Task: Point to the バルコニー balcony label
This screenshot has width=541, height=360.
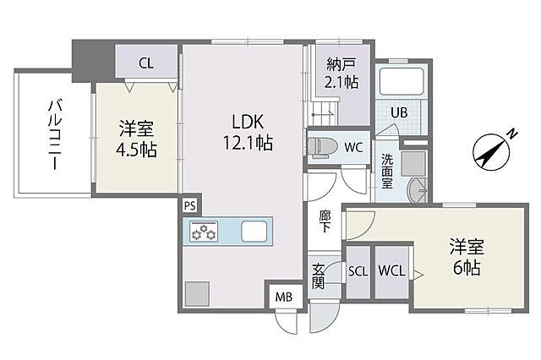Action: coord(54,134)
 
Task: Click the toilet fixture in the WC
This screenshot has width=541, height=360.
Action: coord(320,145)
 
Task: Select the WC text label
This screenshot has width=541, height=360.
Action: coord(354,146)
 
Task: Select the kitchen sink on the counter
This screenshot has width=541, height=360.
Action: coord(254,231)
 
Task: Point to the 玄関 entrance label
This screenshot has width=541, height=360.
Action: coord(319,277)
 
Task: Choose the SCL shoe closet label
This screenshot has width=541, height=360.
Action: coord(358,271)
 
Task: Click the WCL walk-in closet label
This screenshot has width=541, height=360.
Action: coord(391,271)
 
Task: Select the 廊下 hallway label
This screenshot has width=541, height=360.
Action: coord(325,221)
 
